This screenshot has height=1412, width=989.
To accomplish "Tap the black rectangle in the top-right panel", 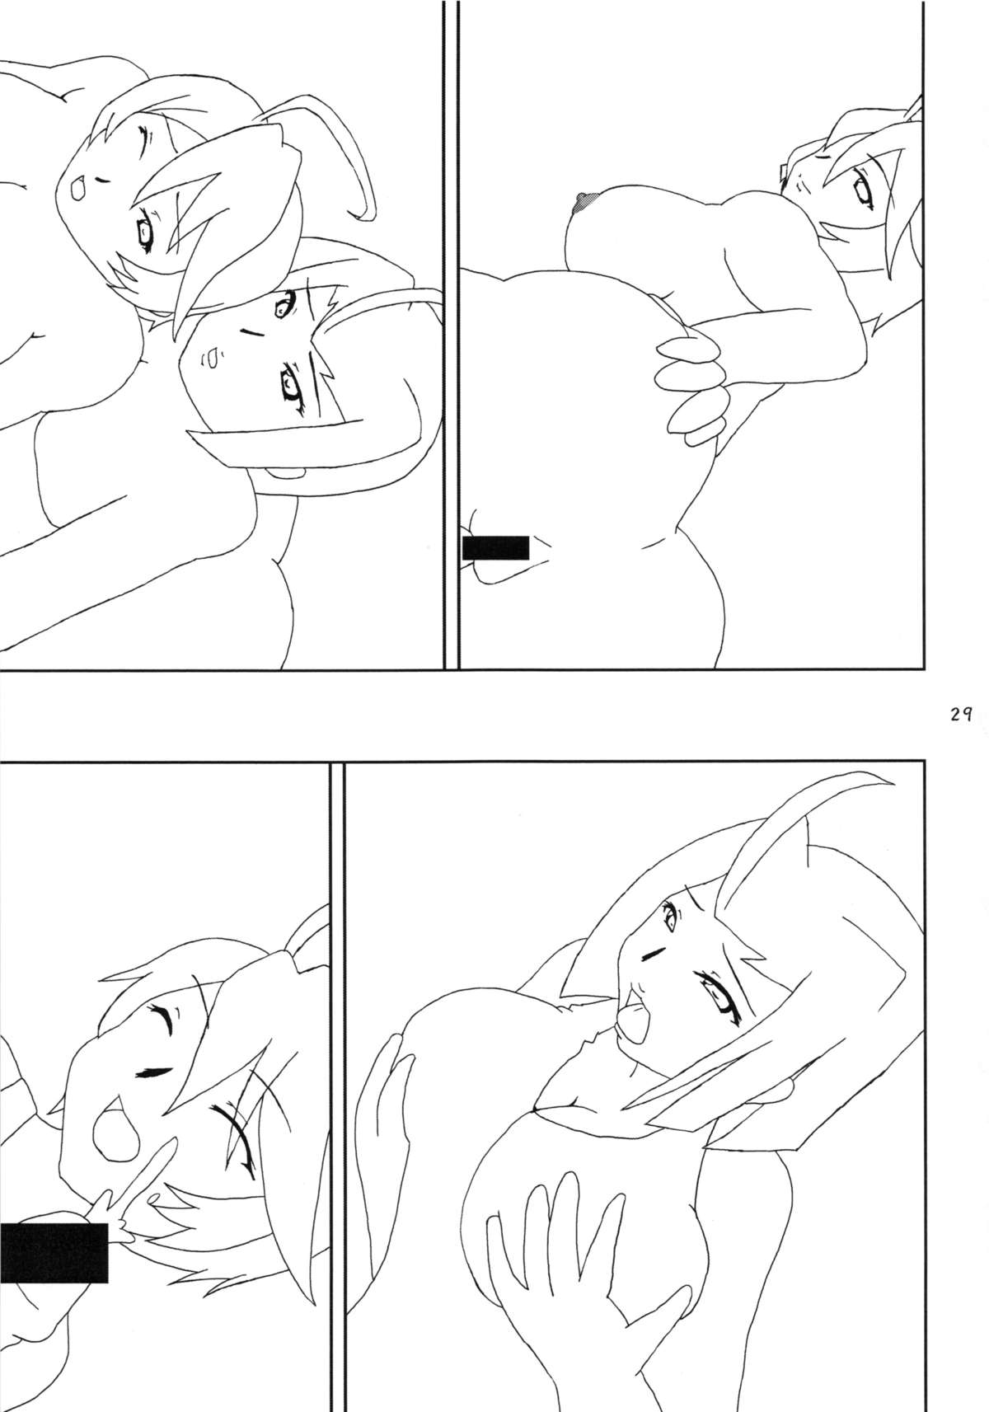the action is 494,547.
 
